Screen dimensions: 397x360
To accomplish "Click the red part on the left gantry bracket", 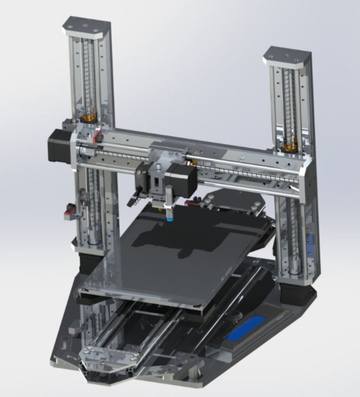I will click(x=98, y=137).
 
